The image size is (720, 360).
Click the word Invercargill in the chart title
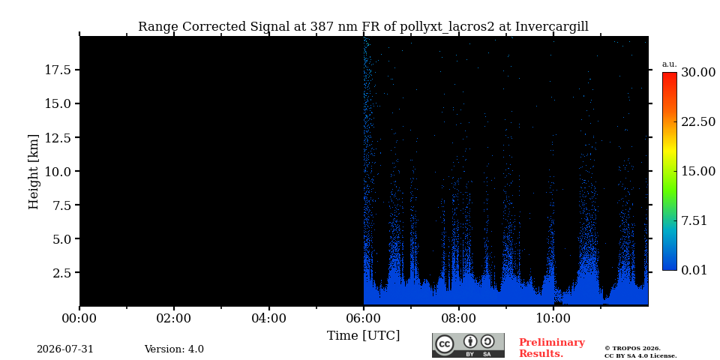(551, 27)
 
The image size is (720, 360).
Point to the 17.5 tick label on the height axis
(58, 70)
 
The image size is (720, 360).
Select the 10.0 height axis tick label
(58, 171)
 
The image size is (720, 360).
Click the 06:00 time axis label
(364, 319)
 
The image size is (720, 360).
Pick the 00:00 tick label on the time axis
(80, 319)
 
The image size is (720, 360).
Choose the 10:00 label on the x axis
(553, 319)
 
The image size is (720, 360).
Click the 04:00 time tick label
(269, 319)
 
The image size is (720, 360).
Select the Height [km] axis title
(34, 172)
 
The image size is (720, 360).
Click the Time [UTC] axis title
(363, 336)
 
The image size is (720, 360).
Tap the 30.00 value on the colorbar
(698, 73)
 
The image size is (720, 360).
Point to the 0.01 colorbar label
(695, 270)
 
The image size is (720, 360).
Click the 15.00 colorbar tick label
(698, 171)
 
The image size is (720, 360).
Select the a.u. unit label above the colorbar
(670, 64)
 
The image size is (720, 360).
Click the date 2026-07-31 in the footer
(65, 349)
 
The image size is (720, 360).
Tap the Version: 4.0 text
(174, 349)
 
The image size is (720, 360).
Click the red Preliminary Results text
(552, 348)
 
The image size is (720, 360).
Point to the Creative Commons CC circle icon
(444, 345)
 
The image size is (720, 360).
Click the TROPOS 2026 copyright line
(633, 349)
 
